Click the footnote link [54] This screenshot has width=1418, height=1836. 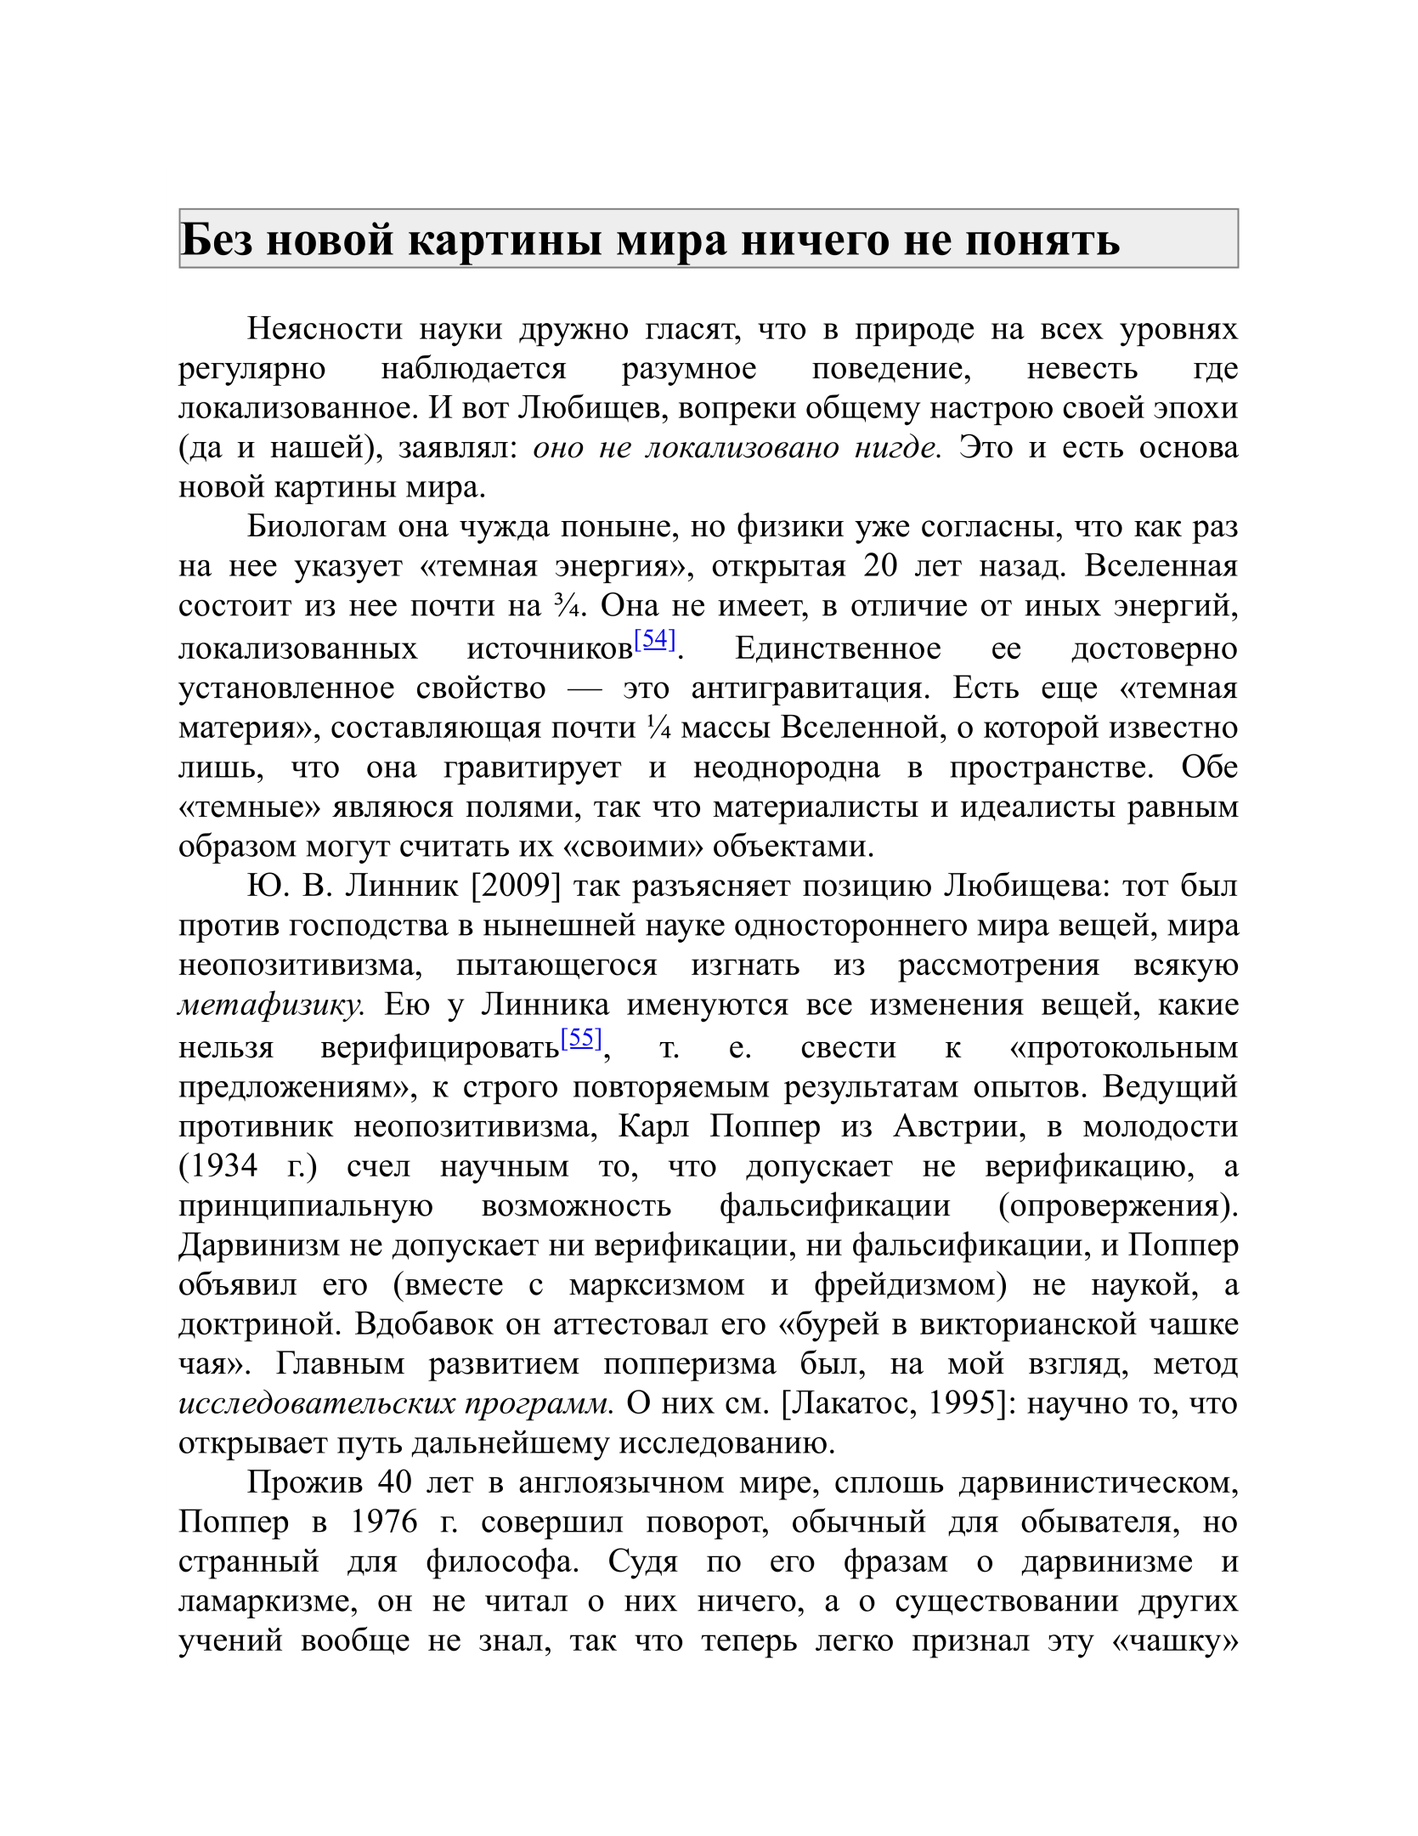[654, 639]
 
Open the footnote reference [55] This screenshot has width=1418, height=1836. [581, 1038]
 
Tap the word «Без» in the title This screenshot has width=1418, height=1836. [217, 240]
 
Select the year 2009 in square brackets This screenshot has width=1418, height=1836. [516, 887]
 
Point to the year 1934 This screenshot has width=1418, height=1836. [218, 1164]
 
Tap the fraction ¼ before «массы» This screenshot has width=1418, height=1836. [658, 728]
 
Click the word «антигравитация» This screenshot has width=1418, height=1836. [805, 688]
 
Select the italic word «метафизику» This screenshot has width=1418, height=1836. [271, 1006]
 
